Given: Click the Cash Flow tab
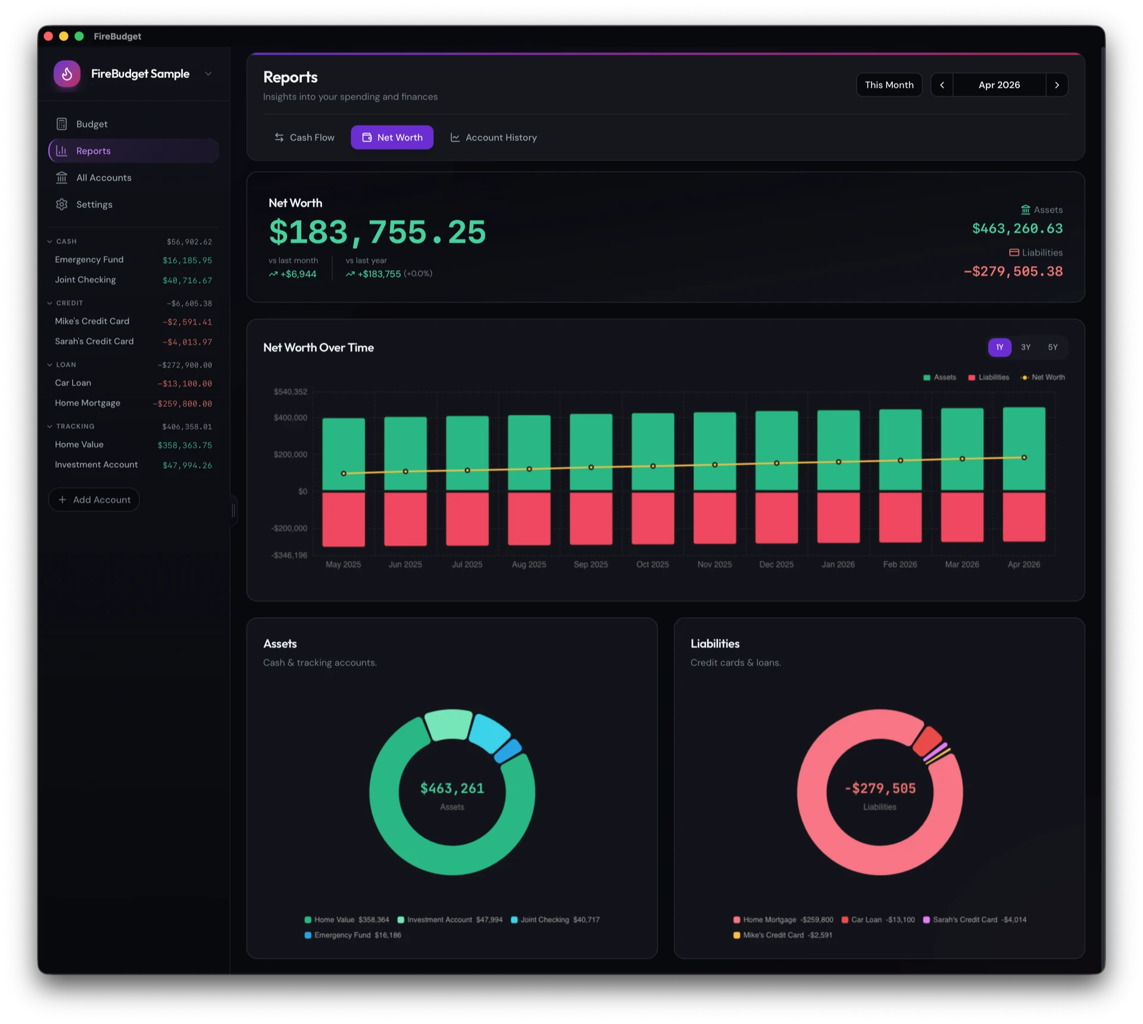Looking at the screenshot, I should click(304, 138).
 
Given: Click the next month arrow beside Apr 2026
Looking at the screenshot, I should click(1057, 85).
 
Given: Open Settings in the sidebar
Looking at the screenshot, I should click(94, 204).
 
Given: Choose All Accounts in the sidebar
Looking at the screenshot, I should click(104, 178).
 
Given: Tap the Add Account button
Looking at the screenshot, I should click(94, 500).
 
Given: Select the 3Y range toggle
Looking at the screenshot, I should click(1025, 347).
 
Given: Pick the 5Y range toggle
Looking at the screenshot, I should click(1053, 347).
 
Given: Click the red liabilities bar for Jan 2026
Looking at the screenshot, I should click(838, 517).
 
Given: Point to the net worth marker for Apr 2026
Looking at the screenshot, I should click(1024, 457).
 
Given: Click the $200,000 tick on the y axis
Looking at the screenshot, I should click(291, 455).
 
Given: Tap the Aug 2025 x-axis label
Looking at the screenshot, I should click(529, 565).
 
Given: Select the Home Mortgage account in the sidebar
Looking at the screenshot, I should click(88, 403).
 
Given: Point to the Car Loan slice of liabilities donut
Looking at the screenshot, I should click(926, 740).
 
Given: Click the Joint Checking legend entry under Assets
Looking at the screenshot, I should click(544, 920).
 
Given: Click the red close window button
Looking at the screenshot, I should click(48, 36).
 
